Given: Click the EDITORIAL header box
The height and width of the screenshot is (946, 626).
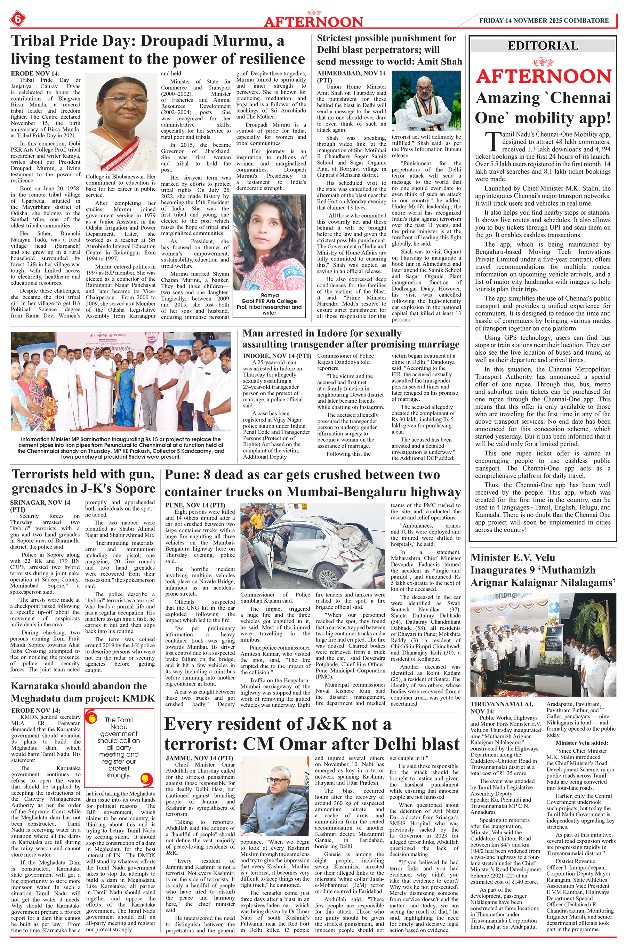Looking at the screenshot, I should coord(543,46).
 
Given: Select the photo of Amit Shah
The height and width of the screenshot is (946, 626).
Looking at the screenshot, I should coord(426,101).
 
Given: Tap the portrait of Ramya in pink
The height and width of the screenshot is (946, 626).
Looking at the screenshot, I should coord(270,242).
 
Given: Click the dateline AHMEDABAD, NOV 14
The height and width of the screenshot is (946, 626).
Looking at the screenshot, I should coord(351,73).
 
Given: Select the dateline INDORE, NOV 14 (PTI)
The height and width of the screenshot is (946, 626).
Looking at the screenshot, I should coord(277,356).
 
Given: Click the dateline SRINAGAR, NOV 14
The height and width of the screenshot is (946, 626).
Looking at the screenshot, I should coord(40,502).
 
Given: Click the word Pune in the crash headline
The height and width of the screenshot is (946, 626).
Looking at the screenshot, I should coord(182,475).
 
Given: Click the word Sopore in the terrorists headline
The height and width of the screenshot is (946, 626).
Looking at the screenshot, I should coord(134,489).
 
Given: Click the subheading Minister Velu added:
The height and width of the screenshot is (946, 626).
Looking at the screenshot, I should coord(582,743).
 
